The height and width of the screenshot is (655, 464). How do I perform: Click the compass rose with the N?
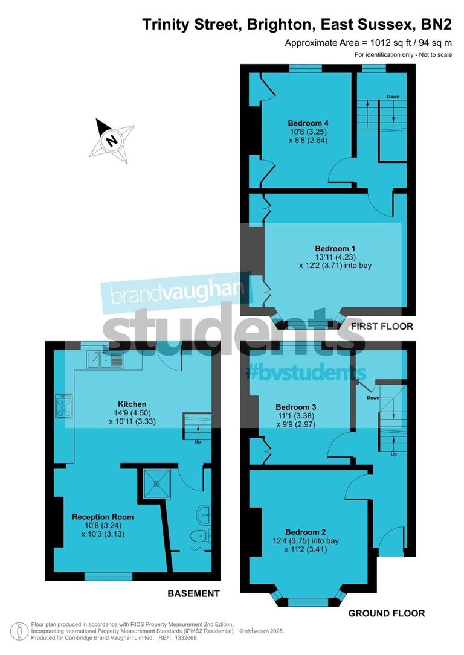[x=111, y=141]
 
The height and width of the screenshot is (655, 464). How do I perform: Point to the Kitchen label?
[x=132, y=404]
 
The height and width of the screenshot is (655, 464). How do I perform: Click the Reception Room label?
[x=103, y=517]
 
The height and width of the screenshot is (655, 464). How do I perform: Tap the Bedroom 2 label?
[x=306, y=532]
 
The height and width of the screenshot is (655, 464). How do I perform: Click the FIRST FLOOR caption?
[x=382, y=326]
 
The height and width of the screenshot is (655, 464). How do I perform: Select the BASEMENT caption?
[x=193, y=593]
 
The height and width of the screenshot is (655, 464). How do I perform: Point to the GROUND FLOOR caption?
[x=387, y=613]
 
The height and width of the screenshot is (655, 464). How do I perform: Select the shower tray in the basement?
[x=158, y=483]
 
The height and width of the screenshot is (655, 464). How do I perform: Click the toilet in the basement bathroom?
[x=198, y=536]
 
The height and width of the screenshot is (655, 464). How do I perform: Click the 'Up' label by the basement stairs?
[x=198, y=441]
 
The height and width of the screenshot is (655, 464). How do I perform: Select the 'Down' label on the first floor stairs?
[x=393, y=97]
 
